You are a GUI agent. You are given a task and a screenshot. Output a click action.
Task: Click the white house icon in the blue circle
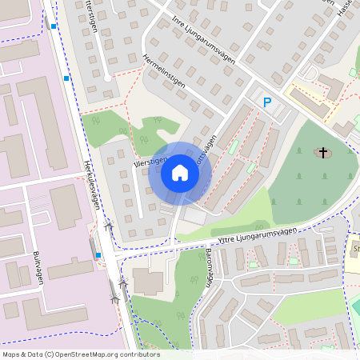180,173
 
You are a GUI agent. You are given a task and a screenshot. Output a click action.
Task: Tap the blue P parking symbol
268,102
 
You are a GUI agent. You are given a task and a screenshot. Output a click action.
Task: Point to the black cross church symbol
323,152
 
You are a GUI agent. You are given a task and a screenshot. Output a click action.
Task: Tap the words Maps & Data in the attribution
23,354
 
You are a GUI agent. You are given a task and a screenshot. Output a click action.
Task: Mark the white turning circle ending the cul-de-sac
106,78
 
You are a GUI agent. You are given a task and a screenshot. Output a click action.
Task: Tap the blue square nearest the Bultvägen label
98,255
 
